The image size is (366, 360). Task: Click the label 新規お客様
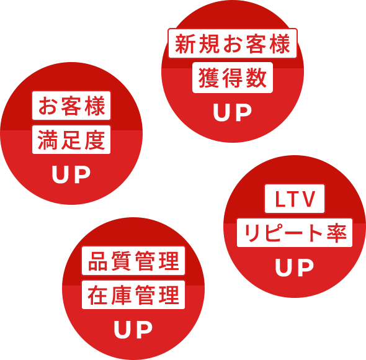233,43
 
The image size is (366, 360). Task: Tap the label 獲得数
233,78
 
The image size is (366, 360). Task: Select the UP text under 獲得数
233,112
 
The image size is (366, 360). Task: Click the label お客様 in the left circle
71,106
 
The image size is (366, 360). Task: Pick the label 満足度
71,140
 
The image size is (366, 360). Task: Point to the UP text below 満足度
71,174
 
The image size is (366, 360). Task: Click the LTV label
295,199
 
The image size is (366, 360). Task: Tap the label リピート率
295,233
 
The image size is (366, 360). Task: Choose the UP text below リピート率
295,268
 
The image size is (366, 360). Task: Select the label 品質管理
133,261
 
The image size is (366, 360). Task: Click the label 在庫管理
133,295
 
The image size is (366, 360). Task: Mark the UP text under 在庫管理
133,330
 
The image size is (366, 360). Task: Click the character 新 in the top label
185,43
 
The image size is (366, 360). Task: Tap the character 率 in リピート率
337,233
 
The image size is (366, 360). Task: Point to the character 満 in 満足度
48,140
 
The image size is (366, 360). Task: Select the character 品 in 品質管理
98,261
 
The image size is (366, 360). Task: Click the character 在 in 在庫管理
97,295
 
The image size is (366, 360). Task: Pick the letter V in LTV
308,199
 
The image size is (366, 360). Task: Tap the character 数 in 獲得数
256,78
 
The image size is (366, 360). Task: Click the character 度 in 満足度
95,140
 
